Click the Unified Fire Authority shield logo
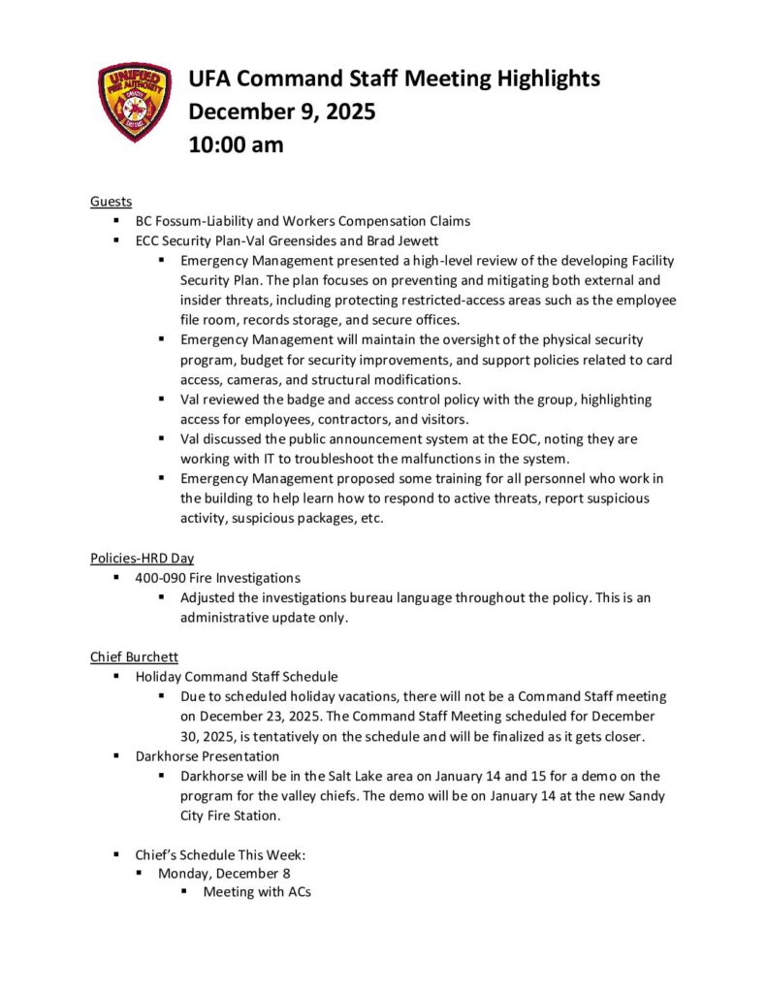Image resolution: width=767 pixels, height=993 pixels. click(x=135, y=102)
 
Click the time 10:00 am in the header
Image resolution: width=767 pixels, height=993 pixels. click(x=236, y=144)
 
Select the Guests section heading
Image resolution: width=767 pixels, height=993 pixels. click(x=111, y=201)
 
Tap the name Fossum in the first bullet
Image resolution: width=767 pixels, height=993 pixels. click(x=178, y=220)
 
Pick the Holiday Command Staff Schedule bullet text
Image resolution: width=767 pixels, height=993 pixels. click(x=237, y=677)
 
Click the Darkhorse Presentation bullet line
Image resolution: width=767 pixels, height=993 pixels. click(x=207, y=755)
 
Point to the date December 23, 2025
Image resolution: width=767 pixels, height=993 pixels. click(x=275, y=717)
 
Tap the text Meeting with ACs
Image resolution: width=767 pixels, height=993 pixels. click(x=257, y=892)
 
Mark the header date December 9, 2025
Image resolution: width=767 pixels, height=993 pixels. click(x=282, y=112)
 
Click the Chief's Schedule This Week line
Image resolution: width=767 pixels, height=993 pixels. click(x=220, y=855)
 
